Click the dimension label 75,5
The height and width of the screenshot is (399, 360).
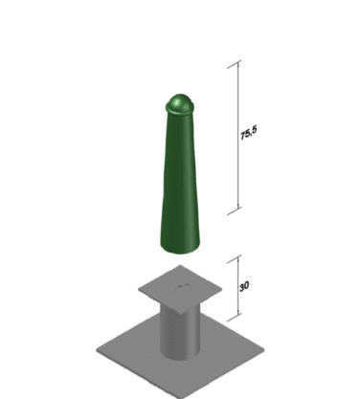click(x=248, y=133)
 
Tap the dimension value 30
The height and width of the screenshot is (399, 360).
click(x=244, y=286)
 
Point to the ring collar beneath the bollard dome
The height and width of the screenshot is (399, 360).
click(x=180, y=109)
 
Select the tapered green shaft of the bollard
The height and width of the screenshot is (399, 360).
click(x=180, y=179)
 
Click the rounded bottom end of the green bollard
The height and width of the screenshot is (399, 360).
click(x=180, y=248)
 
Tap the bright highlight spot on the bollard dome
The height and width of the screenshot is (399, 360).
click(x=175, y=102)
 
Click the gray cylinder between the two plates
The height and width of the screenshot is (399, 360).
click(x=180, y=333)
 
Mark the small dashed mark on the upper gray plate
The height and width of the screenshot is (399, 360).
click(x=181, y=287)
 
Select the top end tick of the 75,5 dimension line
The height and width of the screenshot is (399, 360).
click(x=235, y=64)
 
